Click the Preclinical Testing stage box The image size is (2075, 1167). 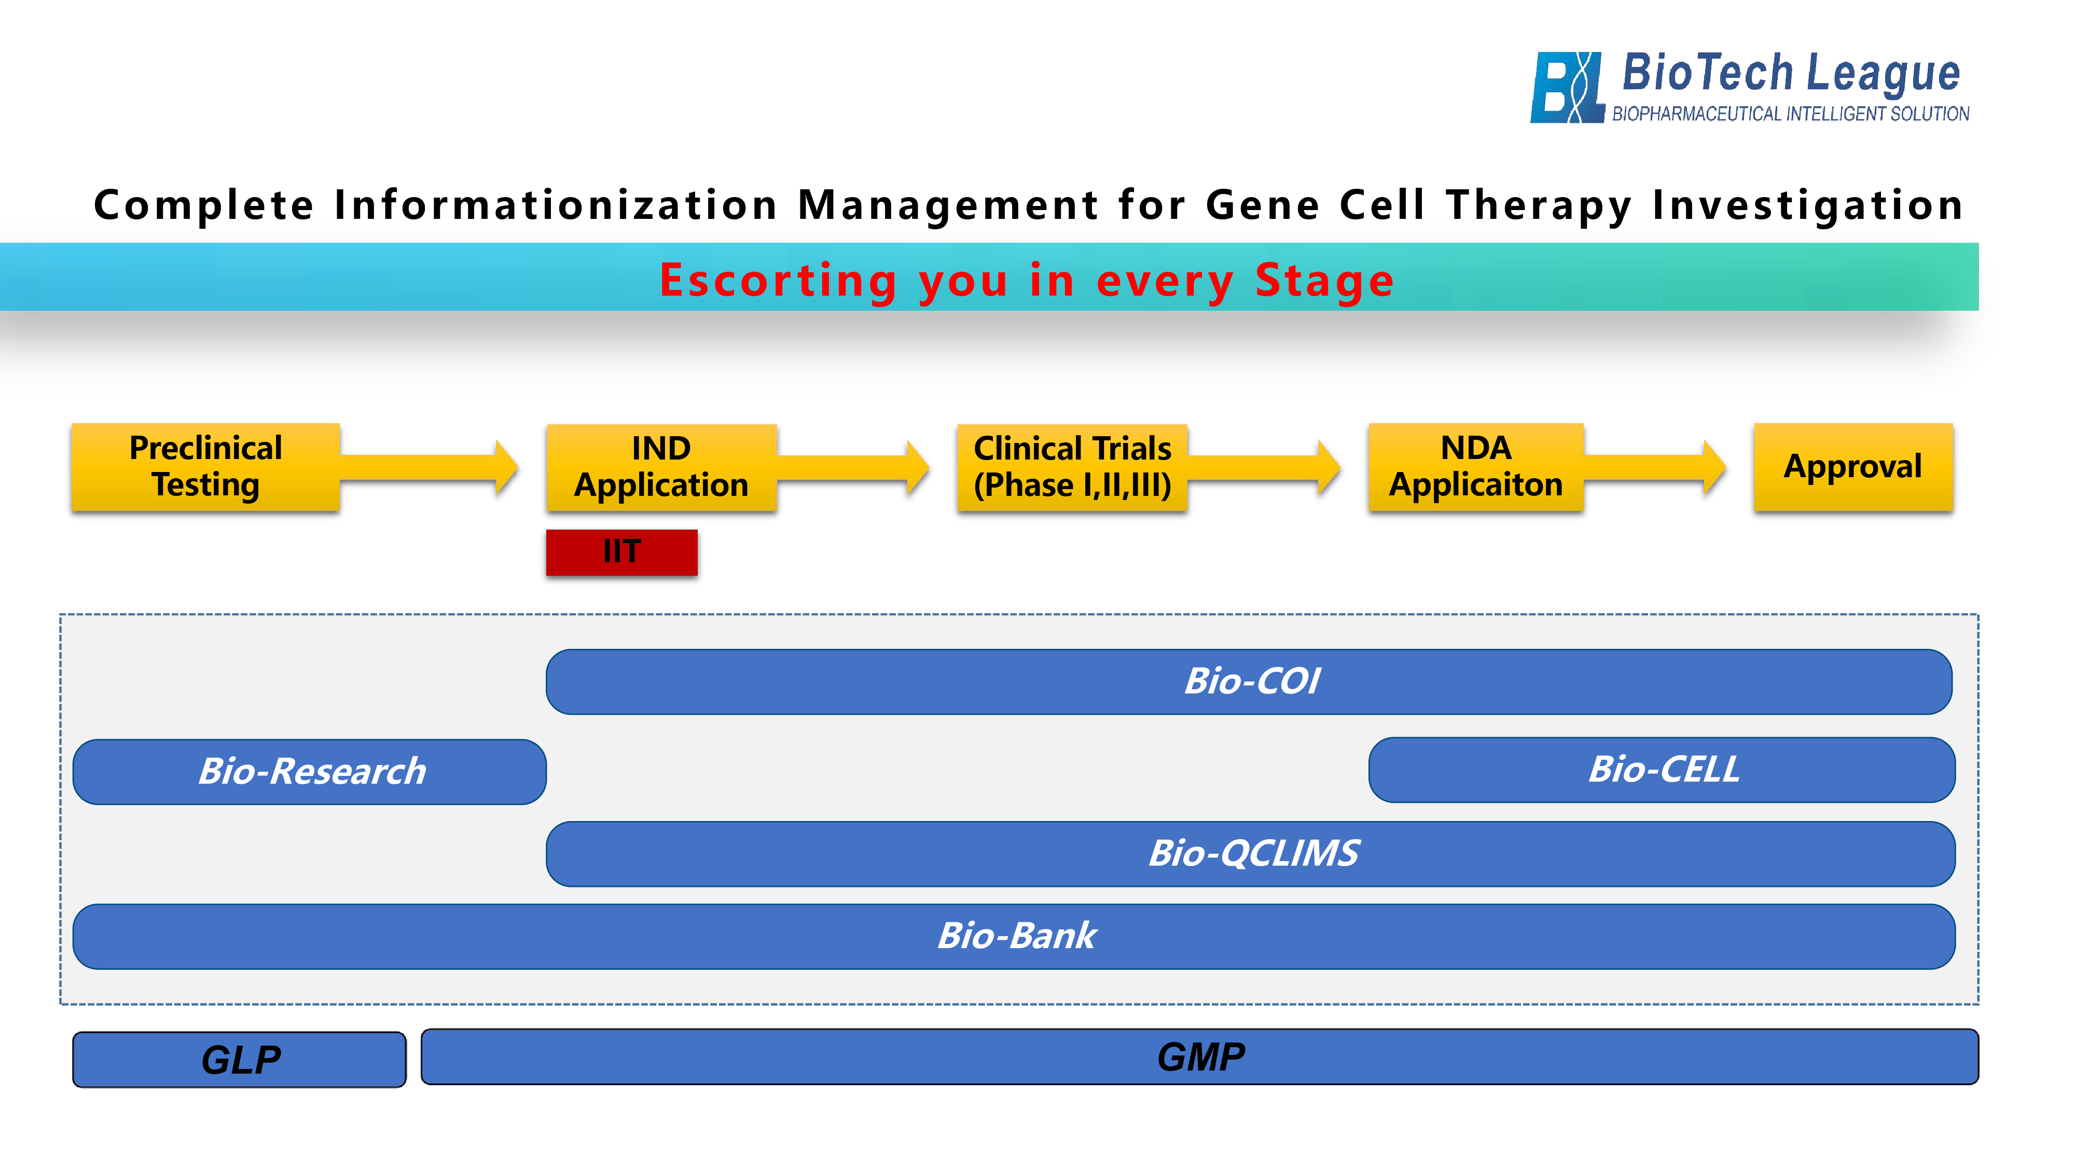(205, 467)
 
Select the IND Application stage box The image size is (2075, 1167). (661, 467)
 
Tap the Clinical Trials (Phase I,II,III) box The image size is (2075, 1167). (1072, 467)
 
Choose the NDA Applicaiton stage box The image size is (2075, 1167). (1476, 467)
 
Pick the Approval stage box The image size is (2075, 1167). (1853, 467)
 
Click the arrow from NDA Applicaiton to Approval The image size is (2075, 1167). (1654, 467)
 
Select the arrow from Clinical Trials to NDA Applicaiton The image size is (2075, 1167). (1264, 467)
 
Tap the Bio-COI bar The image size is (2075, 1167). (1249, 682)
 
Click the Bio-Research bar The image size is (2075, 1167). (309, 772)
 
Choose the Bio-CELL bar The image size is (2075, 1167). (1662, 770)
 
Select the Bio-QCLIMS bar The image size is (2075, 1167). (1251, 854)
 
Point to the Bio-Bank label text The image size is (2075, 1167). (1017, 936)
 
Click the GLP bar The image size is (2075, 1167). (239, 1060)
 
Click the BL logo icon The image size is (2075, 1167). (1567, 87)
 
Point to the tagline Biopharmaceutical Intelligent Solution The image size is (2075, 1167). (1791, 114)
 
